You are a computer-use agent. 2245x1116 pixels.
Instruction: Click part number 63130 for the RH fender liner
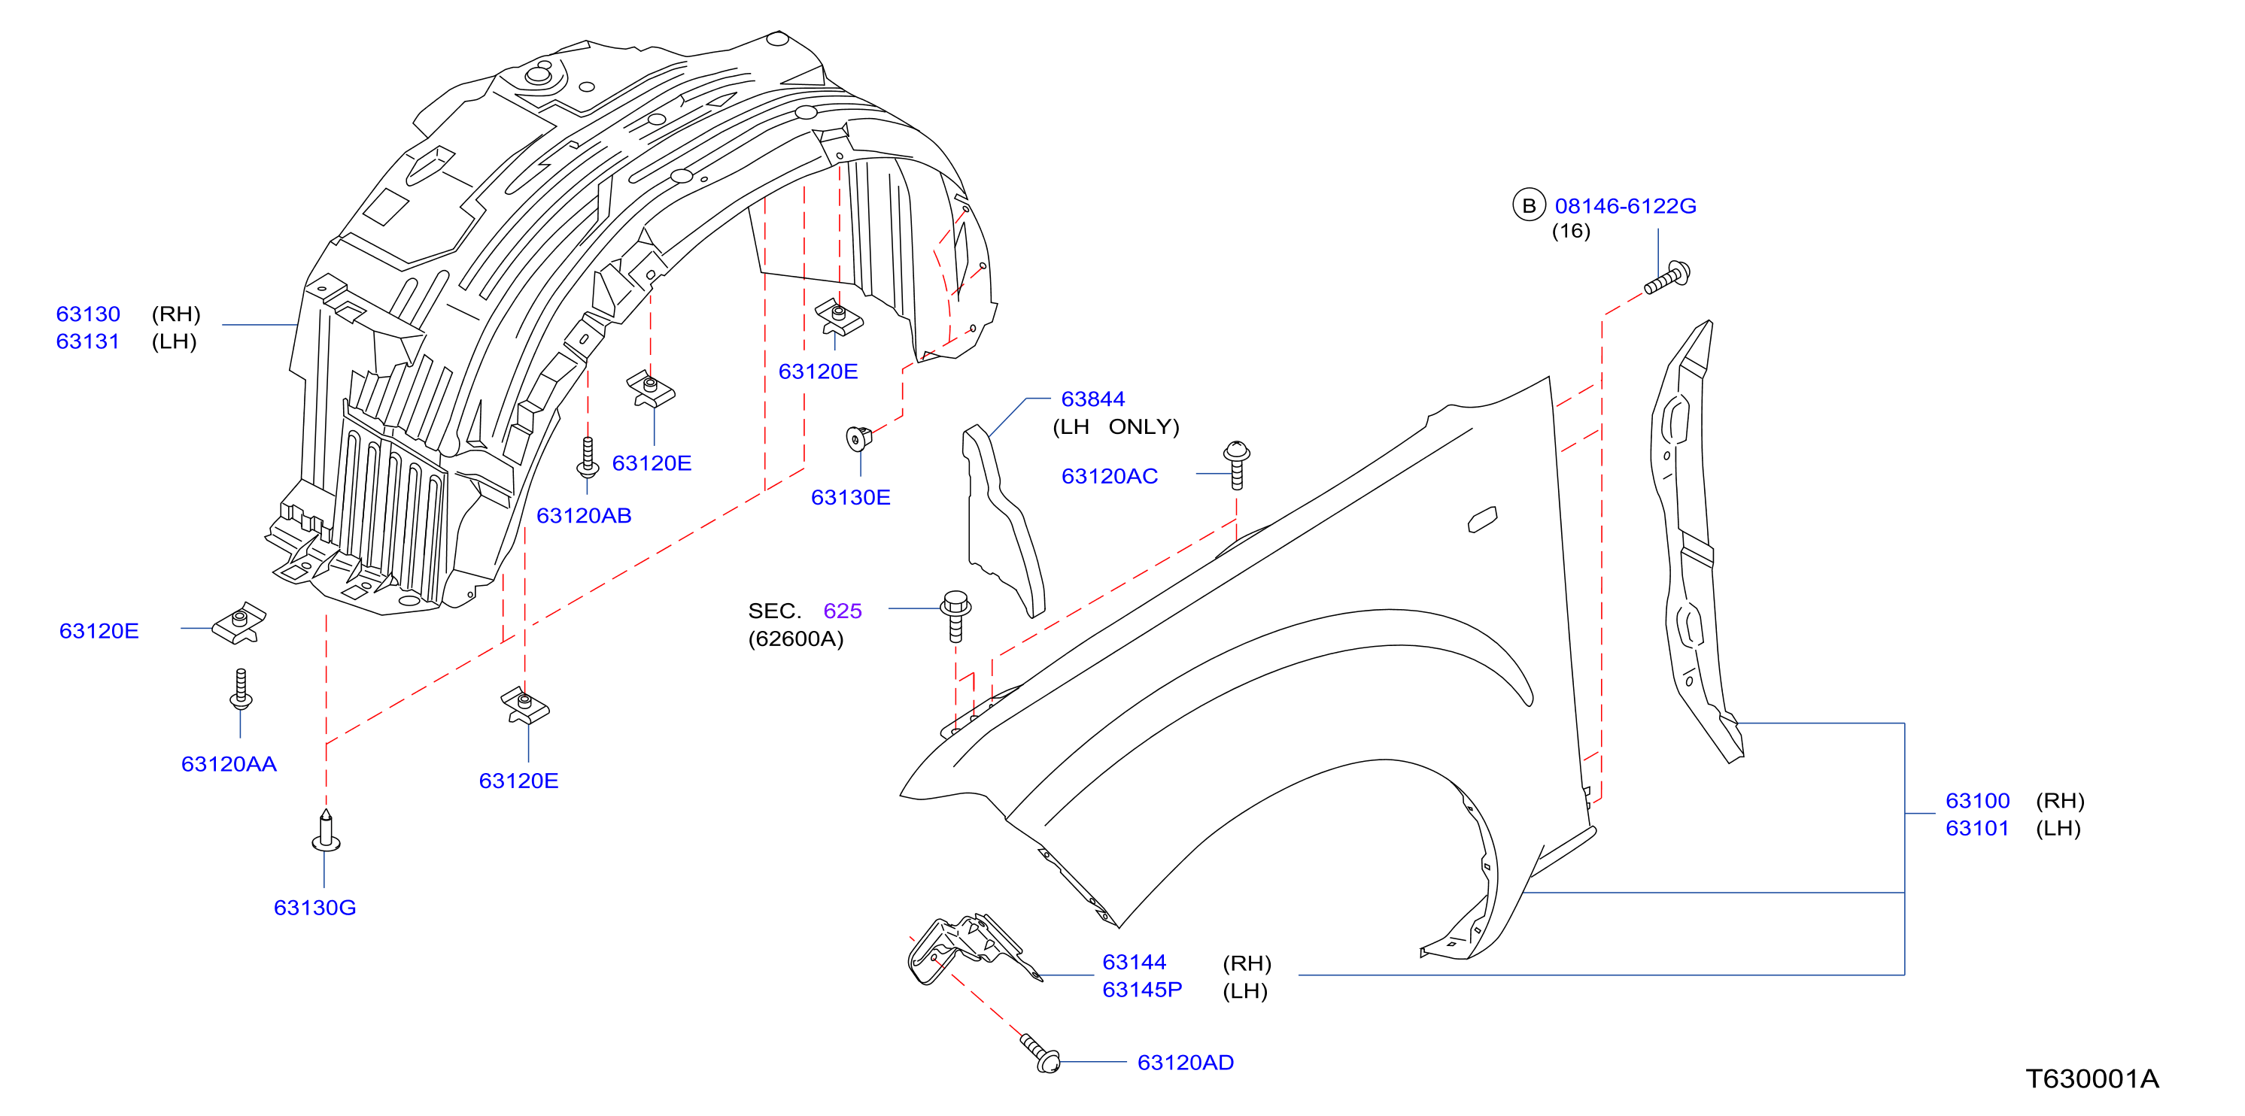88,314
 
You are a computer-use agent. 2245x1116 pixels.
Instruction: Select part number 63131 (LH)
88,341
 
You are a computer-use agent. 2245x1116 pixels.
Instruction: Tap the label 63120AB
584,516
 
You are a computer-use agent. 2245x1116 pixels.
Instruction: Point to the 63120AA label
229,764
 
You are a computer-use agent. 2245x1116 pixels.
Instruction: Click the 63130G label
314,908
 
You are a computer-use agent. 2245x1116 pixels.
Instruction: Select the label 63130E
851,497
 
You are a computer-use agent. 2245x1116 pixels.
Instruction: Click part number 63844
1093,399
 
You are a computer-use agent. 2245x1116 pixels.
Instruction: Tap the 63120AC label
1110,477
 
